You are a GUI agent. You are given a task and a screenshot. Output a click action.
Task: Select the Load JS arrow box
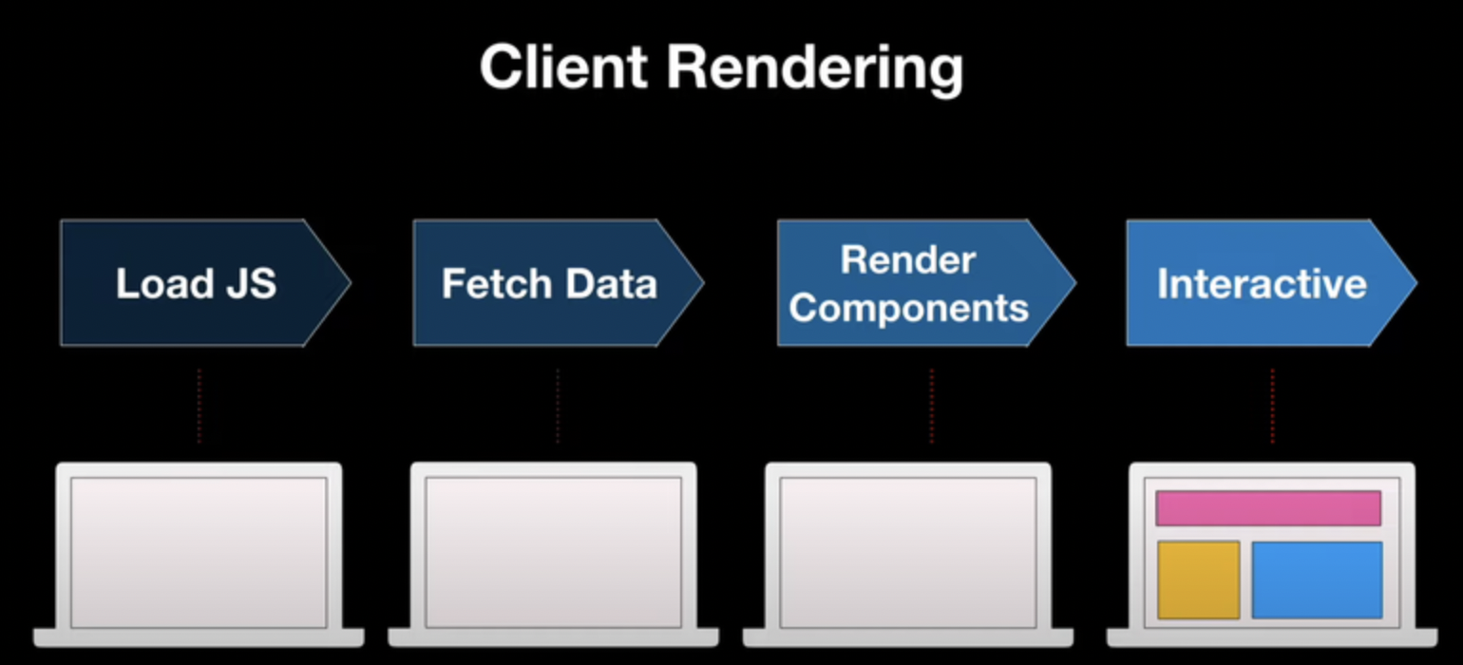(x=196, y=283)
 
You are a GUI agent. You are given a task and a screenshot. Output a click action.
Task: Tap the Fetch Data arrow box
(x=549, y=283)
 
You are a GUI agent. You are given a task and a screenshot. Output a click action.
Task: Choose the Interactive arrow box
(x=1262, y=283)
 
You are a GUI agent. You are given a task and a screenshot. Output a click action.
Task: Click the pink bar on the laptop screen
(x=1267, y=508)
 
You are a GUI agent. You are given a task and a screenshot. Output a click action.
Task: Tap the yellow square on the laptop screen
(x=1198, y=579)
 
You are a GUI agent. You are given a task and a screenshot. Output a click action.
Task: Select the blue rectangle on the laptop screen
(x=1316, y=579)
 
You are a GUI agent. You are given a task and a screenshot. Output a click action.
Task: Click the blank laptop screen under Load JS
(x=199, y=551)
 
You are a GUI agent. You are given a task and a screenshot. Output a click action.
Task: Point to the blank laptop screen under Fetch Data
(x=553, y=551)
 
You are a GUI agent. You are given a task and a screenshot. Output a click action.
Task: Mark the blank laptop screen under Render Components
(x=908, y=551)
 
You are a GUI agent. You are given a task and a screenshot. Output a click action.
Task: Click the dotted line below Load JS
(x=199, y=406)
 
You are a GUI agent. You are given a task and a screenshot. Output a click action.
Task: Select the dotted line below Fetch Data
(x=558, y=406)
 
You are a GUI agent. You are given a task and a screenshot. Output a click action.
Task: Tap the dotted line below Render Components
(x=931, y=406)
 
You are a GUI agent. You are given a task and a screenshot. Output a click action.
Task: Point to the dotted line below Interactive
(x=1272, y=406)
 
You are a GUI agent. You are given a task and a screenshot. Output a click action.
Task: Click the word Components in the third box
(x=909, y=308)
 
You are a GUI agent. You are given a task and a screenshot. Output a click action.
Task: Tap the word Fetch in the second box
(x=496, y=283)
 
